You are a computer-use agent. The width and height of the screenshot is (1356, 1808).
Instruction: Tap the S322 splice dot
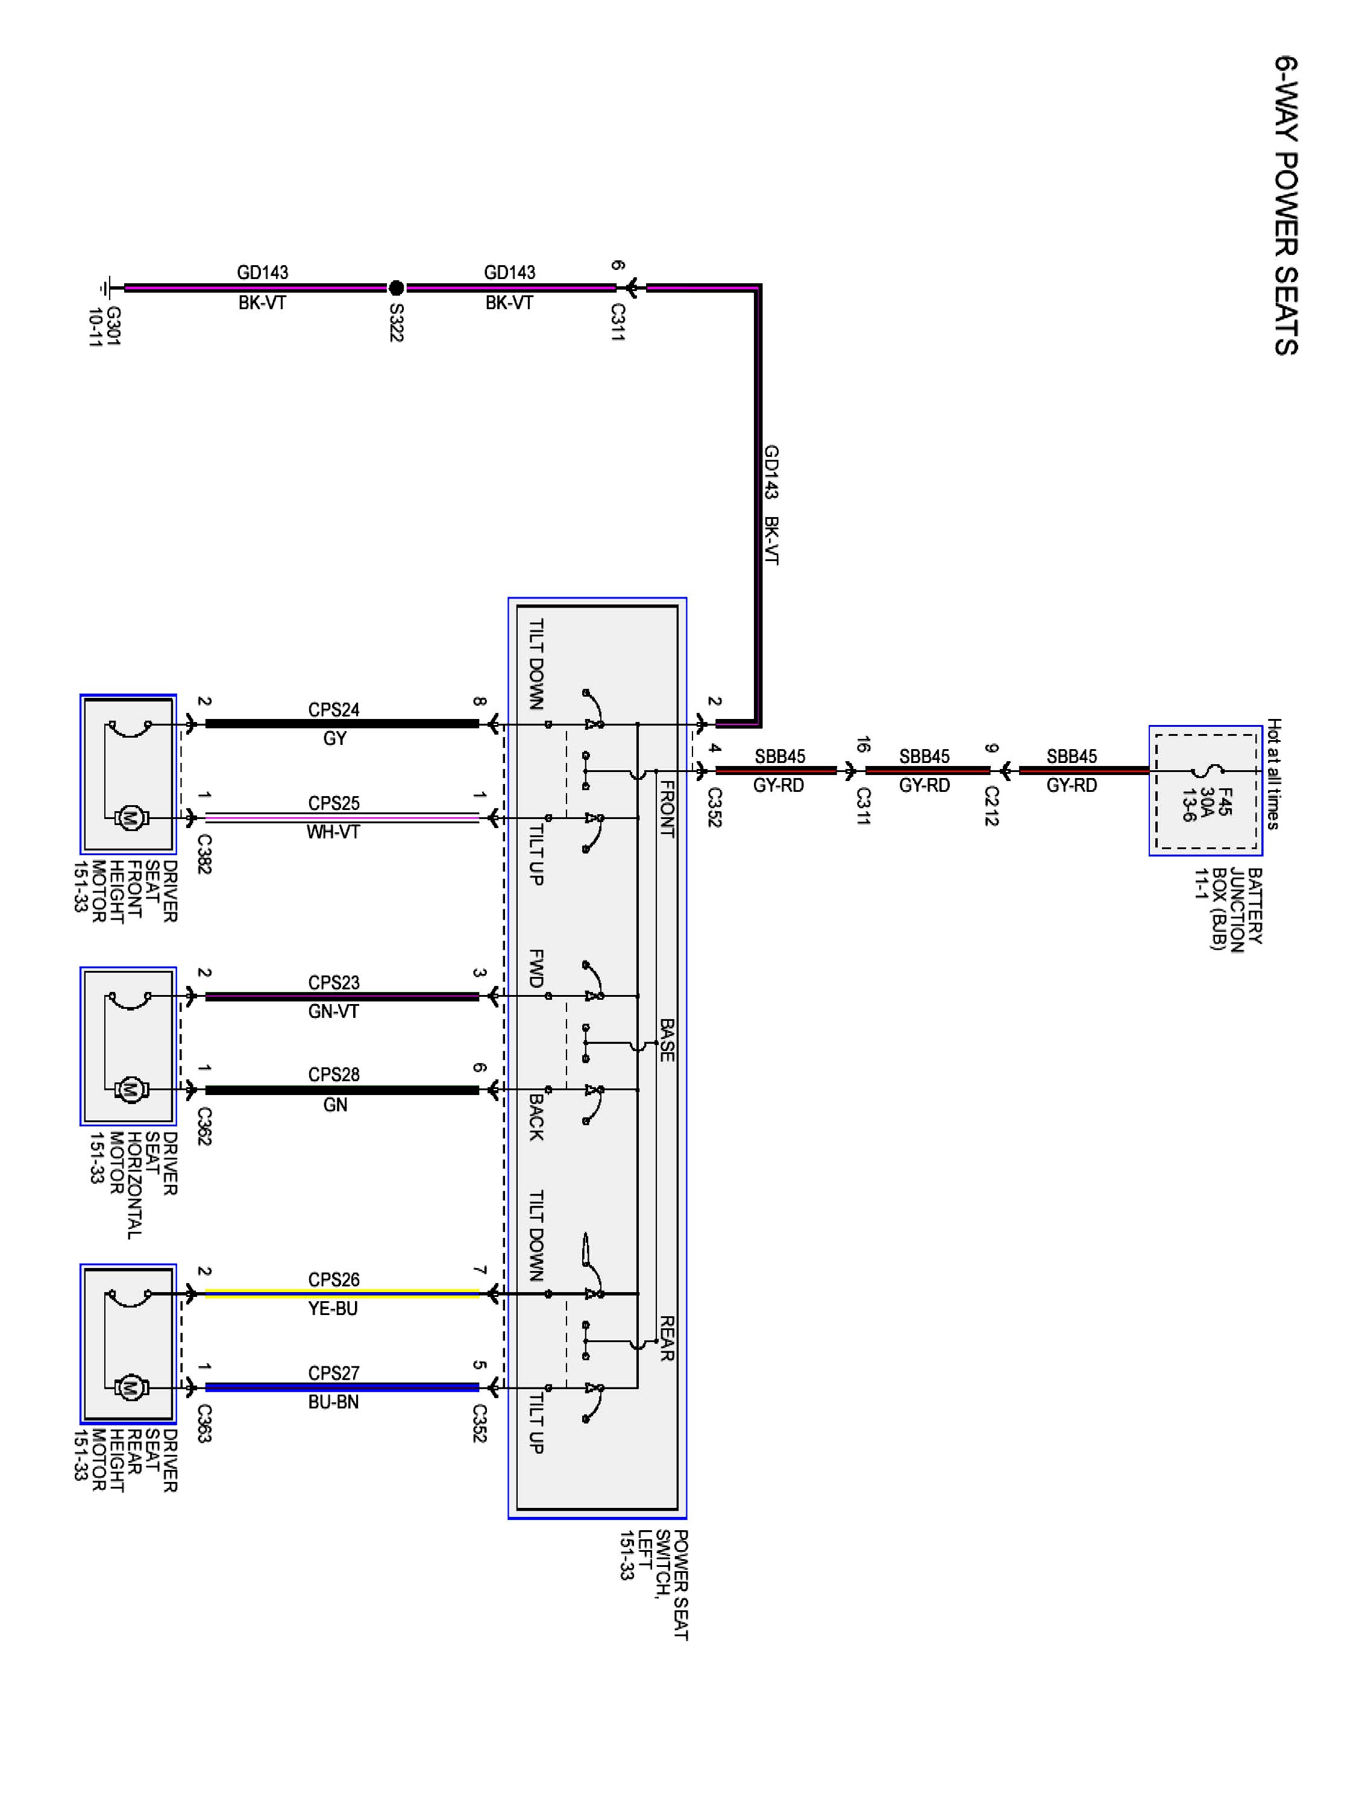coord(395,287)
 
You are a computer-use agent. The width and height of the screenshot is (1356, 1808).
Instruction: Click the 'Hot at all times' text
coord(1273,774)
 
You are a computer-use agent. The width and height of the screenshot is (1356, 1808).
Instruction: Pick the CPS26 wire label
coord(333,1279)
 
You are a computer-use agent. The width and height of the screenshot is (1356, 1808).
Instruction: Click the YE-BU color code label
coord(333,1308)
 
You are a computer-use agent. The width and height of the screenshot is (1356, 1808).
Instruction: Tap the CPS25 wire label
coord(333,803)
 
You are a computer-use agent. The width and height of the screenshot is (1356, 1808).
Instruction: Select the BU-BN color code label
coord(333,1402)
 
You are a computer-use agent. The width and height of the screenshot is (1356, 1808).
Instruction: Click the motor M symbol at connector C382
coord(130,817)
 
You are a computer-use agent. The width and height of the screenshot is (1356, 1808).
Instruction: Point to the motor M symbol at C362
coord(130,1089)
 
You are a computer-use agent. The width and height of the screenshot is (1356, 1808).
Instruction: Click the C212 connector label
coord(991,806)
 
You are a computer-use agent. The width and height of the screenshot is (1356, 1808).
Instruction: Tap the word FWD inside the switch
coord(536,968)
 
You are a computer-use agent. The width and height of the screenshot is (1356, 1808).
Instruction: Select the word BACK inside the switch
coord(536,1117)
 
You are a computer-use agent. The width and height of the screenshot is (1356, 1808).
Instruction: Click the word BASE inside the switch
coord(667,1040)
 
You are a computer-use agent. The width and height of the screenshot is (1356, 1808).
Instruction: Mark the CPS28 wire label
coord(333,1075)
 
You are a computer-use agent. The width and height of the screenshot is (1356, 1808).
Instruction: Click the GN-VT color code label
coord(333,1011)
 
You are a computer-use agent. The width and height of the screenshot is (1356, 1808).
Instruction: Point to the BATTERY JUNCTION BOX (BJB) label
coord(1228,908)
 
